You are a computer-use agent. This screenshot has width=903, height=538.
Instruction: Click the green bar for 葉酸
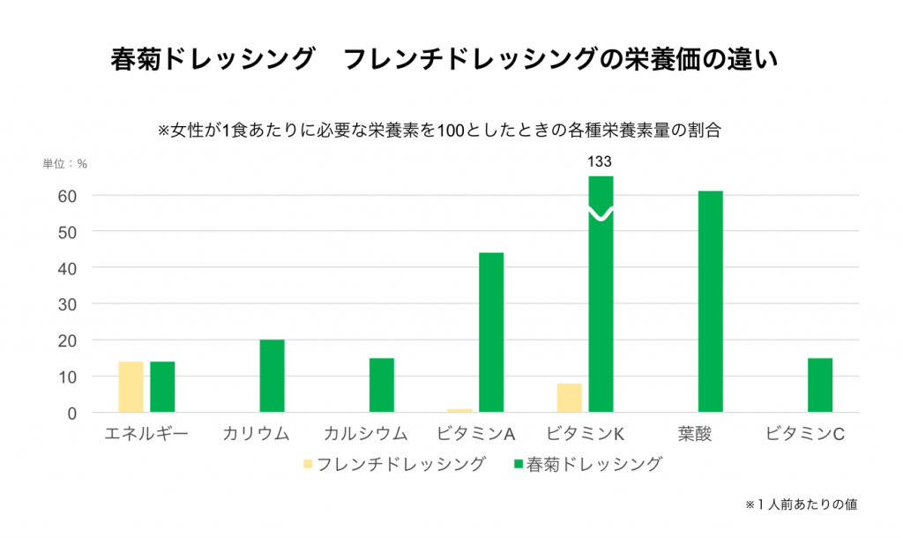point(710,302)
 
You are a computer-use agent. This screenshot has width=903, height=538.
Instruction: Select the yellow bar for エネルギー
point(131,387)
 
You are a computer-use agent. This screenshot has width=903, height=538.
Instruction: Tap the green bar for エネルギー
point(162,387)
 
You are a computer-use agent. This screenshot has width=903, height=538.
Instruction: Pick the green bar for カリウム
point(272,377)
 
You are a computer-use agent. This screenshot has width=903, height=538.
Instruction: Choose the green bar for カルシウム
point(381,385)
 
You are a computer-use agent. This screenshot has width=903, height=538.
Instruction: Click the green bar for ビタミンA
point(491,333)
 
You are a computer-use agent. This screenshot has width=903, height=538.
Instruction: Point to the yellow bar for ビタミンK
point(569,398)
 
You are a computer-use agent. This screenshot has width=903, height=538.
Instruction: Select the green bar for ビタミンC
point(819,385)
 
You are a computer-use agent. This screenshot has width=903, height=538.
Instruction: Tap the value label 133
point(600,161)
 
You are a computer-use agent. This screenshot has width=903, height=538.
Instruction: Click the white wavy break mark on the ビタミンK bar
point(601,214)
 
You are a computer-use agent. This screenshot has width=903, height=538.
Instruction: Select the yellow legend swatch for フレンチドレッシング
point(307,463)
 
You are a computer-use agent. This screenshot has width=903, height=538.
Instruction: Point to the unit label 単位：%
point(66,164)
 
